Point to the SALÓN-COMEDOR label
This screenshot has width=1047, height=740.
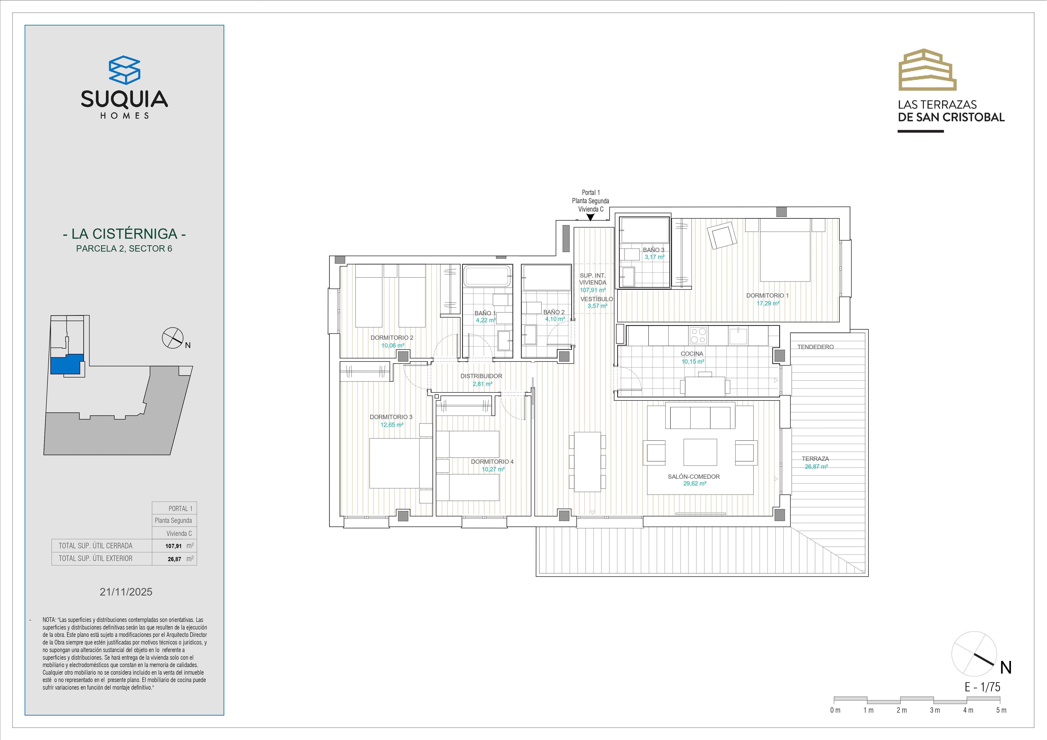694,476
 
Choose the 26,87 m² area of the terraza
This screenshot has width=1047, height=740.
816,466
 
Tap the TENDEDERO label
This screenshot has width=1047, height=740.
815,347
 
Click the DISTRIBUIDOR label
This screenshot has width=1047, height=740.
481,376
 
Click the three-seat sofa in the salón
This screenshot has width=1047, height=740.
700,415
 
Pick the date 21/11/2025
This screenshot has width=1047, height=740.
126,592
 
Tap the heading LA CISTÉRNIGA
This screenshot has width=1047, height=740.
124,234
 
